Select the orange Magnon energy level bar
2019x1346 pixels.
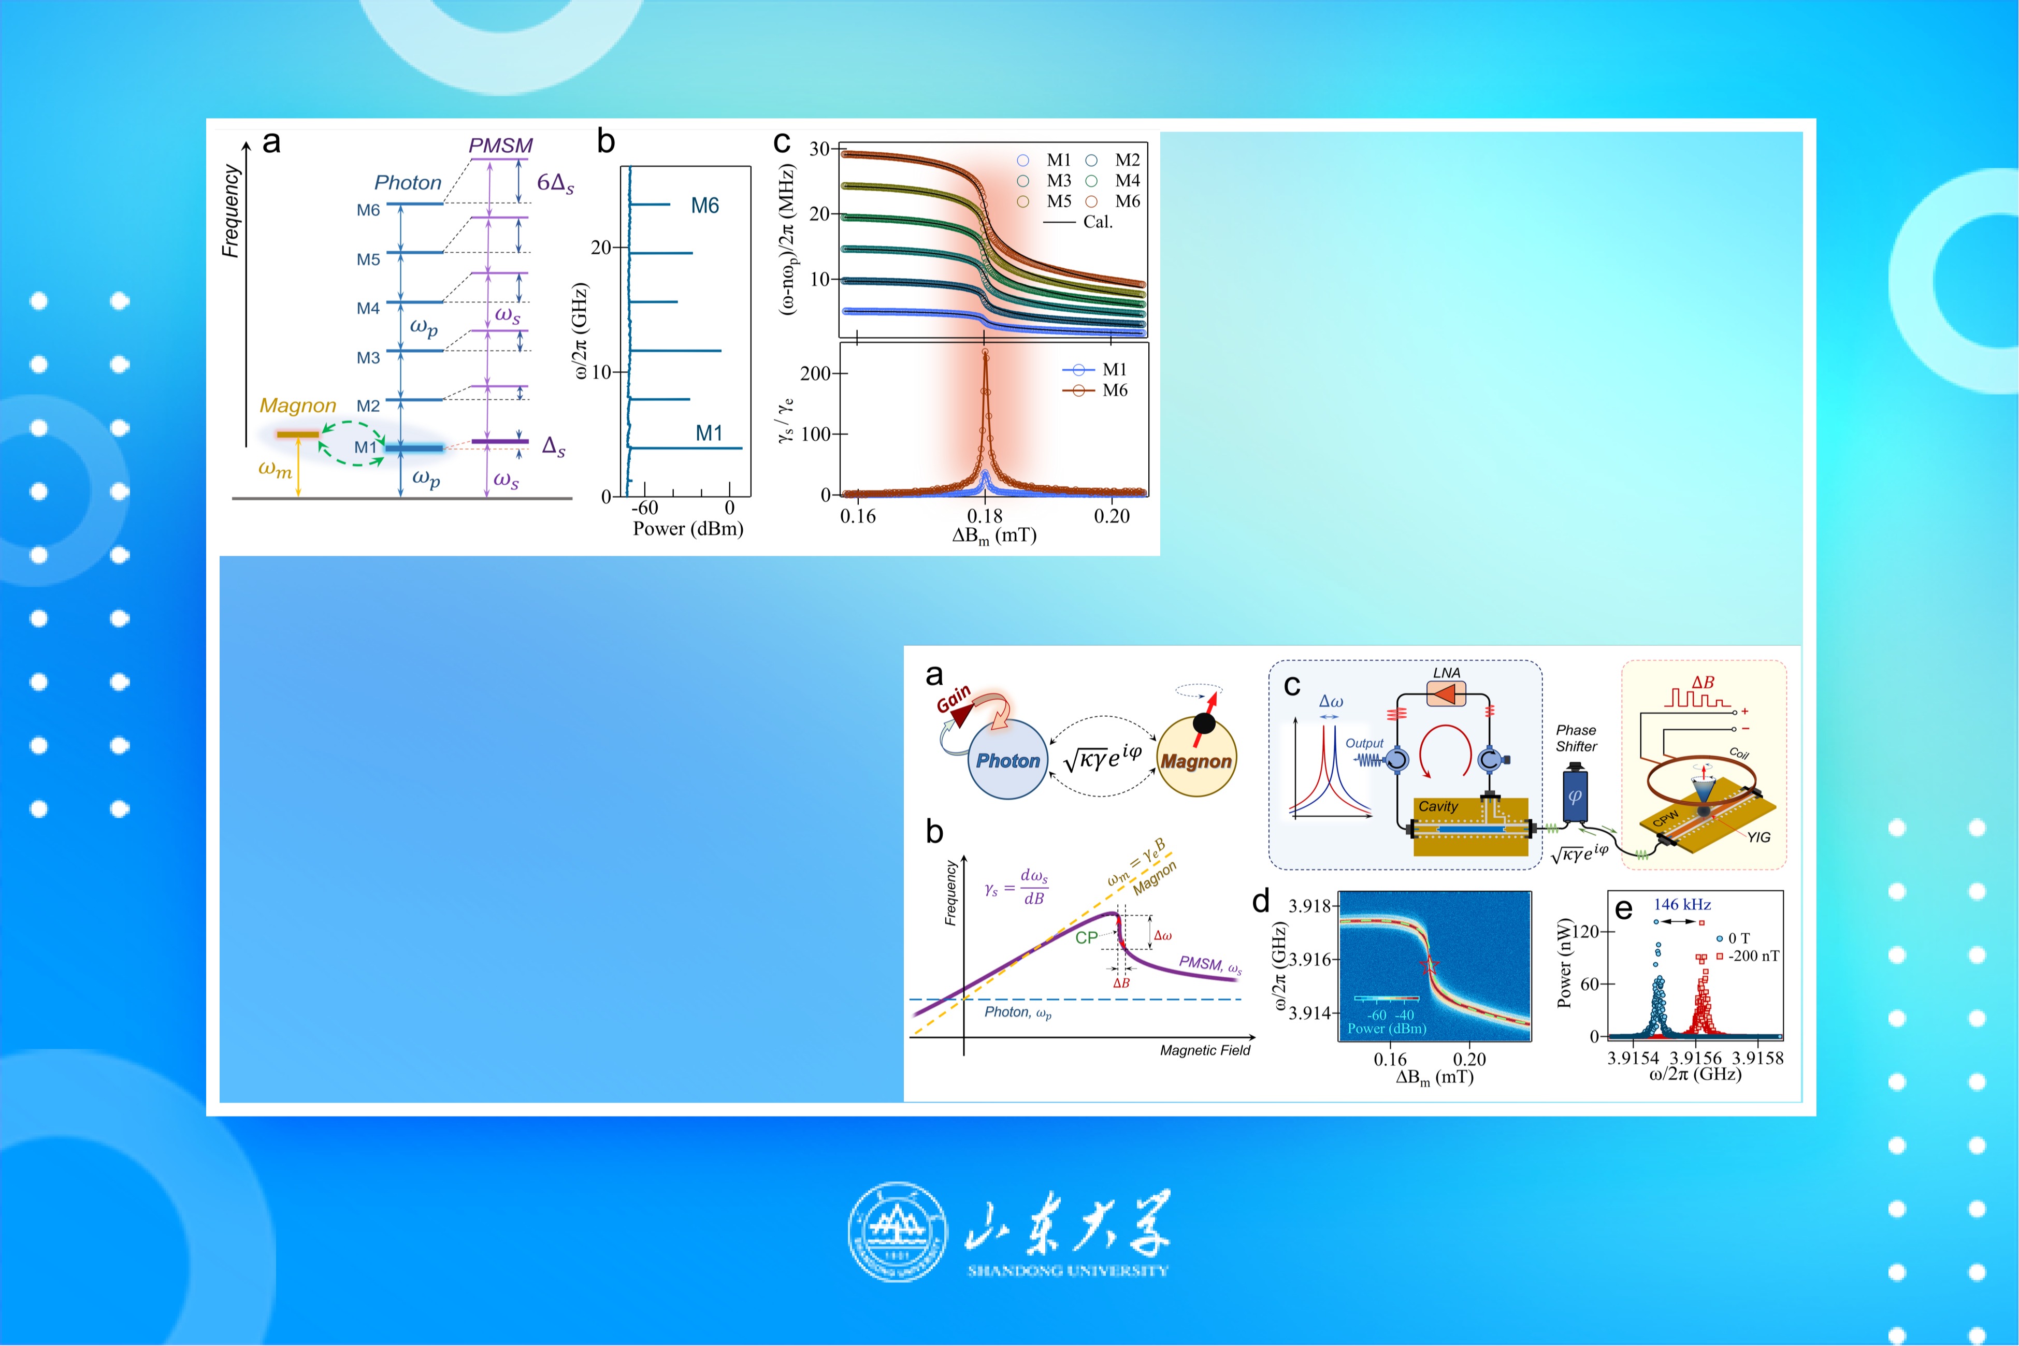[x=297, y=435]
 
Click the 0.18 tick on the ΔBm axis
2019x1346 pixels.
[x=985, y=516]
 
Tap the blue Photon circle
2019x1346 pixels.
[x=1008, y=760]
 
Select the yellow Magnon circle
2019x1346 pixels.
[x=1196, y=757]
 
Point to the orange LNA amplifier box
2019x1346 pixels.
[x=1446, y=693]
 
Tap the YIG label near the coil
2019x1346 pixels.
[x=1759, y=837]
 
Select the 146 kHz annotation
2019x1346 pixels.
[x=1682, y=904]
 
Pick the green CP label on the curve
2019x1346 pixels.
[x=1087, y=937]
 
